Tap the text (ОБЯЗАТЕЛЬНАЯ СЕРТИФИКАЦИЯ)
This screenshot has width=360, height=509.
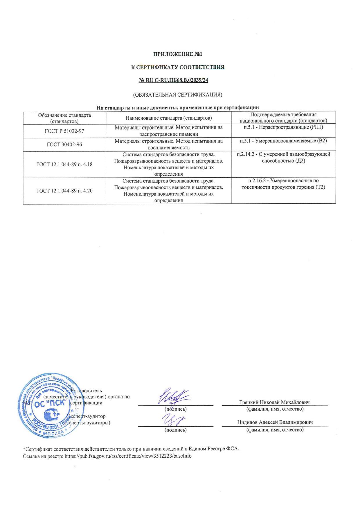coord(177,94)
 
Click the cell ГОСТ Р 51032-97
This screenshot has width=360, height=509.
coord(64,131)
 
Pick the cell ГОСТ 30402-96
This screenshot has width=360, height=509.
coord(64,144)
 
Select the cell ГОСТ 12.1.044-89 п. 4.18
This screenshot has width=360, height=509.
coord(64,164)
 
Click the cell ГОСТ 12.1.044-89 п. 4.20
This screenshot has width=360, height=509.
coord(64,191)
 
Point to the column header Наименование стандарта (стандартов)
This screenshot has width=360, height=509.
coord(168,118)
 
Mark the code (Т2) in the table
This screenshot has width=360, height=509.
coord(320,187)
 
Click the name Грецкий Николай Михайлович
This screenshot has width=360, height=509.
coord(274,402)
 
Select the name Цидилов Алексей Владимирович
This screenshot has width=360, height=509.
coord(275,423)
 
